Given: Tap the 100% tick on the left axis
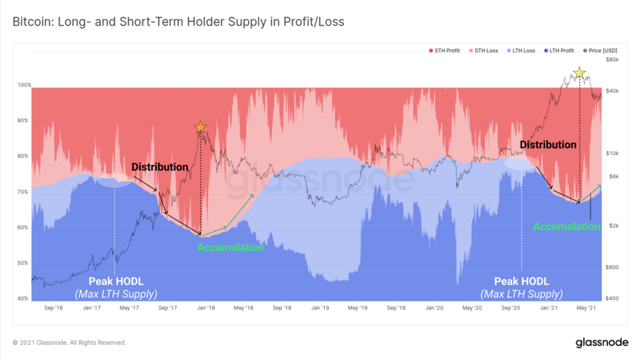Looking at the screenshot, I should click(x=24, y=84).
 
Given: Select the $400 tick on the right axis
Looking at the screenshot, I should click(x=612, y=299).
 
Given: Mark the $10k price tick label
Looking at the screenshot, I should click(x=612, y=154).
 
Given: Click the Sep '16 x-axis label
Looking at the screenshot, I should click(x=54, y=308).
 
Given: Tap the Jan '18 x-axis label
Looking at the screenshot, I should click(x=206, y=308).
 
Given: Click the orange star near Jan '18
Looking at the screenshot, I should click(x=200, y=127).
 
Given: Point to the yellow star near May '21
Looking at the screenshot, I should click(x=579, y=73).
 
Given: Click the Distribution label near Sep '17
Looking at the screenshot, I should click(x=159, y=167).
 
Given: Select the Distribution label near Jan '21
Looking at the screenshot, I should click(x=548, y=144).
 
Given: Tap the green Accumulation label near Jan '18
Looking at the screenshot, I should click(x=231, y=247).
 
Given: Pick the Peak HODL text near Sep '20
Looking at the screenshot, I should click(x=521, y=281).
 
